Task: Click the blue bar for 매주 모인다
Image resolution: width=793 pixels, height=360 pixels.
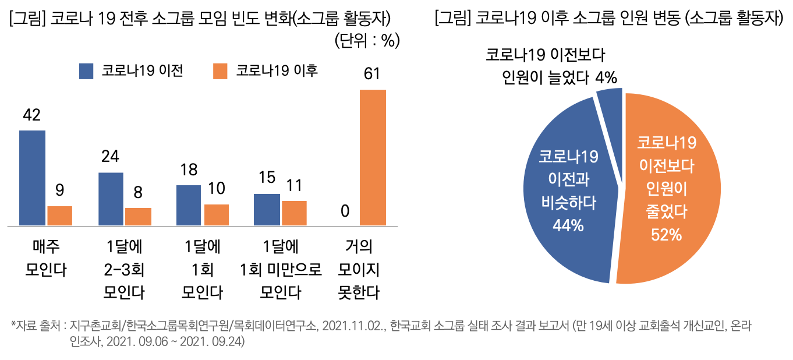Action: pos(32,178)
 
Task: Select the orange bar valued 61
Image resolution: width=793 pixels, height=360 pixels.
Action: pos(373,157)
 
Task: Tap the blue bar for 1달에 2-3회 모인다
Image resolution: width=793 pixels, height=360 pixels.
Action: pos(111,199)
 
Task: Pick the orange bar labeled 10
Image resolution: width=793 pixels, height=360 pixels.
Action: pos(216,214)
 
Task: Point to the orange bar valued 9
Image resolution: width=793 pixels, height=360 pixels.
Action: pos(59,216)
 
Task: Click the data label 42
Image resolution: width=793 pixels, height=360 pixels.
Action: pos(31,115)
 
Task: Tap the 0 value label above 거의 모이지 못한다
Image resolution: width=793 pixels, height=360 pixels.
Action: pos(345,211)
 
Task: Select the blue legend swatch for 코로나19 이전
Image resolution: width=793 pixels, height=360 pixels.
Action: pos(86,71)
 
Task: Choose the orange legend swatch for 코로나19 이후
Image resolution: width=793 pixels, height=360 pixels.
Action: pos(220,71)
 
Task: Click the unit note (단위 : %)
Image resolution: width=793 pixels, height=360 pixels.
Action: pos(366,41)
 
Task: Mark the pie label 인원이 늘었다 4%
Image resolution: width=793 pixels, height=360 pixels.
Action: pos(560,77)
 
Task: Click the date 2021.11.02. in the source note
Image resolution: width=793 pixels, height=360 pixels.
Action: pos(353,324)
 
